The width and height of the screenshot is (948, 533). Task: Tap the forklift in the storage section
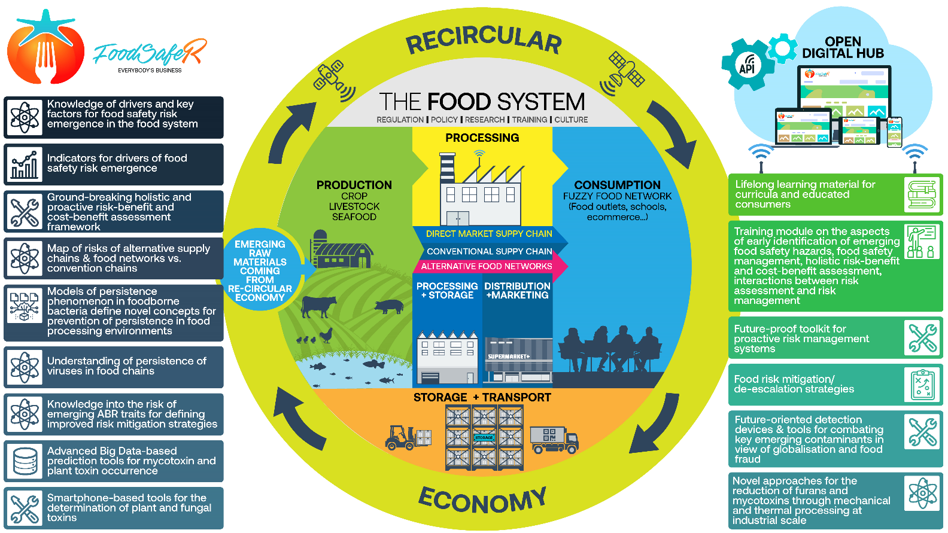pyautogui.click(x=408, y=437)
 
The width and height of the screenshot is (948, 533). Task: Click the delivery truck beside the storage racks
pyautogui.click(x=554, y=440)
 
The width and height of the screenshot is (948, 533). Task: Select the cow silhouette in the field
pyautogui.click(x=318, y=306)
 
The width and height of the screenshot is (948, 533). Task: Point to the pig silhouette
pyautogui.click(x=388, y=306)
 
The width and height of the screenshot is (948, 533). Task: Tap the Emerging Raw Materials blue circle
pyautogui.click(x=260, y=270)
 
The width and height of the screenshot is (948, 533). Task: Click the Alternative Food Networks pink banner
pyautogui.click(x=486, y=266)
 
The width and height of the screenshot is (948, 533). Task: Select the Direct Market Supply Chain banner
pyautogui.click(x=488, y=234)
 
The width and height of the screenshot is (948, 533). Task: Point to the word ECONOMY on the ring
pyautogui.click(x=482, y=499)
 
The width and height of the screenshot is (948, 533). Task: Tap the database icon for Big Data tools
pyautogui.click(x=25, y=461)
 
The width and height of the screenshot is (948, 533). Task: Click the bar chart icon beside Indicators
pyautogui.click(x=25, y=165)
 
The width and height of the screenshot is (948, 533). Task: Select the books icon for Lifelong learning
pyautogui.click(x=922, y=194)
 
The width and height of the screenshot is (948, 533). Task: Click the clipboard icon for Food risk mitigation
pyautogui.click(x=922, y=384)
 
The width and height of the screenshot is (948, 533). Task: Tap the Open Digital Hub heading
pyautogui.click(x=843, y=48)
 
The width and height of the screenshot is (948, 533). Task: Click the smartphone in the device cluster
pyautogui.click(x=894, y=132)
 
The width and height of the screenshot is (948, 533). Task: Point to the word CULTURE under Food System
pyautogui.click(x=571, y=120)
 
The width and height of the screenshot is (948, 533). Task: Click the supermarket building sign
pyautogui.click(x=508, y=357)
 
